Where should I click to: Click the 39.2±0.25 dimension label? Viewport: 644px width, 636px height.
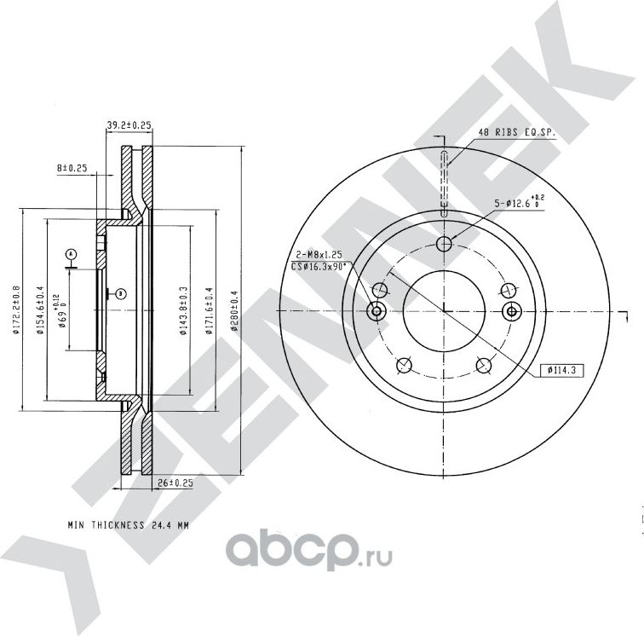[129, 125]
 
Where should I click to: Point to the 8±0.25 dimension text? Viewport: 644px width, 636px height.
[73, 168]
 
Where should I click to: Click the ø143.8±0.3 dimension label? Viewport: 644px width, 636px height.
[184, 310]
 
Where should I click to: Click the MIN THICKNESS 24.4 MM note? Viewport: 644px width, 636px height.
[128, 526]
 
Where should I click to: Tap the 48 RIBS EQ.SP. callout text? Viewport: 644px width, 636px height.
[517, 133]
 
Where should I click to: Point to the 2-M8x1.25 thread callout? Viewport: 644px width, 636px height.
[318, 255]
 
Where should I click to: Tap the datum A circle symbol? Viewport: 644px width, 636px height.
[72, 254]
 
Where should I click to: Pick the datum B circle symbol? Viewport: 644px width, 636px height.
[122, 293]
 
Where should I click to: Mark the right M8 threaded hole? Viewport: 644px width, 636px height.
[510, 311]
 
